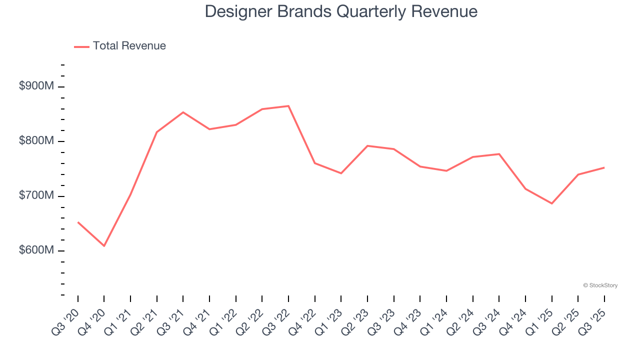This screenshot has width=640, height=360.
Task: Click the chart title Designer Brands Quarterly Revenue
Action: [341, 11]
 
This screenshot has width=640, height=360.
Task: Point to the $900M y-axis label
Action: [36, 86]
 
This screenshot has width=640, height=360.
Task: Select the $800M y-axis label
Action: [36, 141]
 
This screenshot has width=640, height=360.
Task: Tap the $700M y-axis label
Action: [36, 195]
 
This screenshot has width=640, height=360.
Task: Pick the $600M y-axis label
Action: [36, 250]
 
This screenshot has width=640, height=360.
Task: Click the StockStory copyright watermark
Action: [600, 285]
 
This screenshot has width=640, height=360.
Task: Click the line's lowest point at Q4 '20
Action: [104, 246]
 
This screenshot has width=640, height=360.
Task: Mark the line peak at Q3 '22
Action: [288, 106]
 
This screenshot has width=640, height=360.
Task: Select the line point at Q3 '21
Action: [183, 112]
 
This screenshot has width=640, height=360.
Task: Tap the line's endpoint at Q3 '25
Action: [604, 167]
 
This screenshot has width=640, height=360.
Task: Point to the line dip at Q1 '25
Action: [551, 203]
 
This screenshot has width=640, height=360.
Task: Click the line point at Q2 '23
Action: [367, 146]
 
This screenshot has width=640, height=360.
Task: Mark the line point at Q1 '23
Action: [341, 173]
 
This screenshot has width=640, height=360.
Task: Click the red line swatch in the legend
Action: [81, 46]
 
